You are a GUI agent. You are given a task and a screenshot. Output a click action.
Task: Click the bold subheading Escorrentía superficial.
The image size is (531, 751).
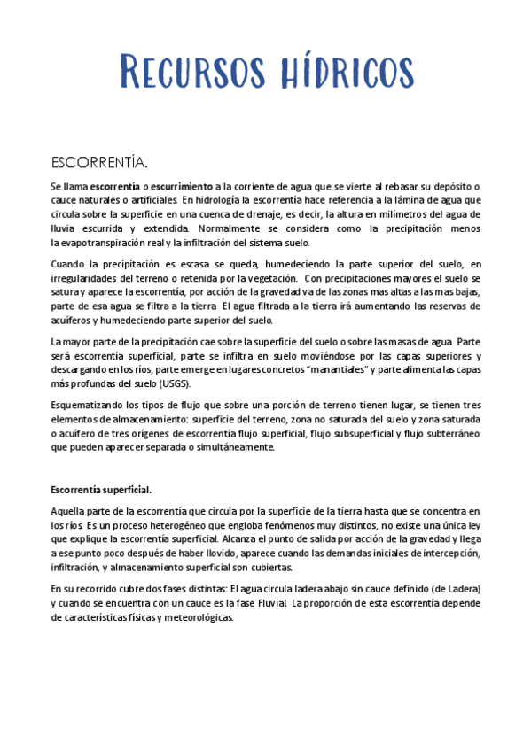click(x=101, y=489)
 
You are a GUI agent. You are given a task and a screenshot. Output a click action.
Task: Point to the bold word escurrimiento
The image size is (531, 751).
click(x=181, y=187)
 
